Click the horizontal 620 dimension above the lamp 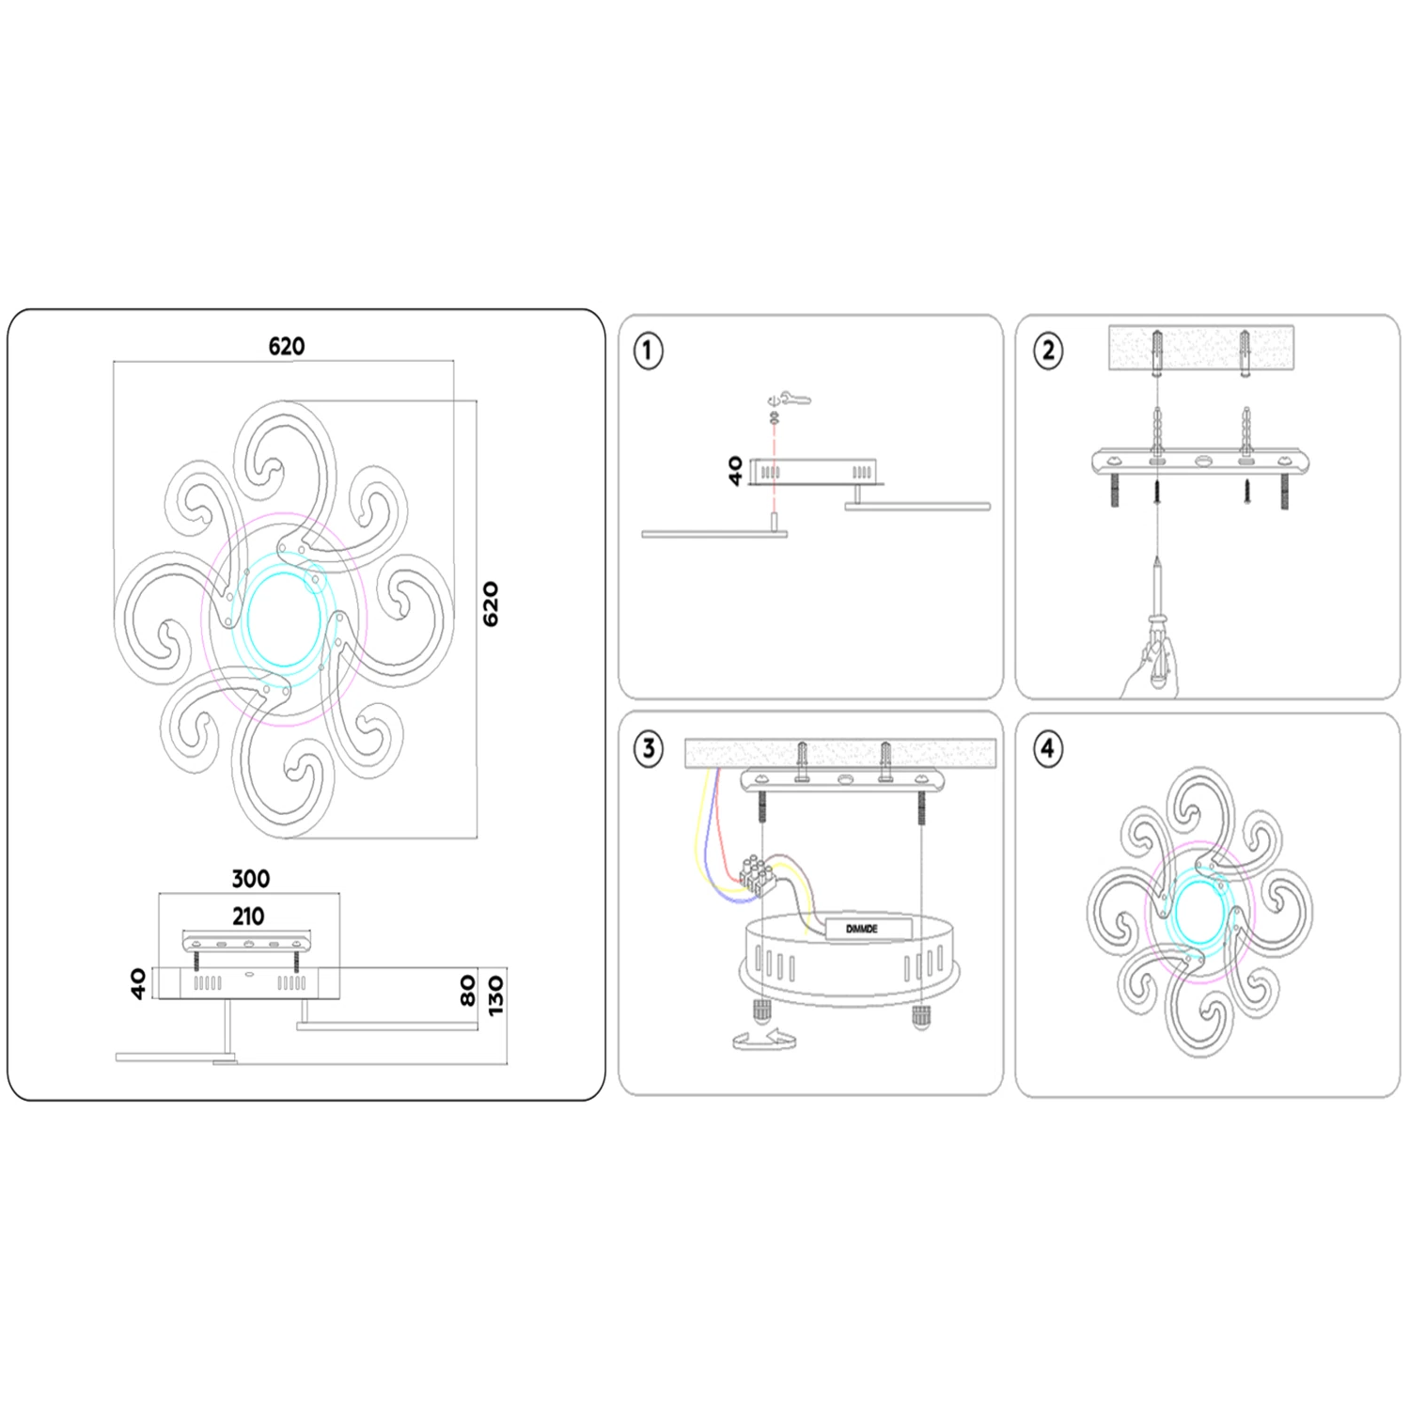pos(287,346)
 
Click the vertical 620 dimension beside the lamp pos(490,603)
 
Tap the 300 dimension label pos(250,879)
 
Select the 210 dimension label pos(248,916)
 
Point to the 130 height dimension pos(495,995)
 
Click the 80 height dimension pos(468,991)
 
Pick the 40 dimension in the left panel pos(138,983)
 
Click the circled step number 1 pos(648,351)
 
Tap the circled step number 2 pos(1048,351)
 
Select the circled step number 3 pos(648,749)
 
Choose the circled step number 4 pos(1047,749)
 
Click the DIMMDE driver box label pos(862,929)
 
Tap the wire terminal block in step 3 pos(758,873)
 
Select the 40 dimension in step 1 pos(735,470)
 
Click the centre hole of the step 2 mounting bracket pos(1203,462)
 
